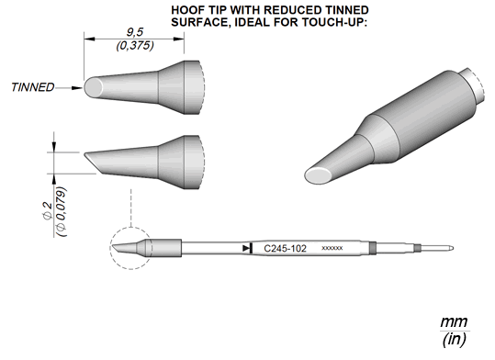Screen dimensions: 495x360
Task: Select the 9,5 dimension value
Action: point(135,32)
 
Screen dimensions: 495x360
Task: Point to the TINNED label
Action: point(33,87)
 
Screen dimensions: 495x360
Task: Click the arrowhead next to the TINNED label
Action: point(77,88)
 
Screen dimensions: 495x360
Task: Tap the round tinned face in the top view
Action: point(93,87)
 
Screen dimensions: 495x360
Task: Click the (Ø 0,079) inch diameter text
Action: point(62,212)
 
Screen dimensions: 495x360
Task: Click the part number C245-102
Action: point(285,249)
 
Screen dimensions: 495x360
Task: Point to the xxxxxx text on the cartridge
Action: point(332,248)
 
